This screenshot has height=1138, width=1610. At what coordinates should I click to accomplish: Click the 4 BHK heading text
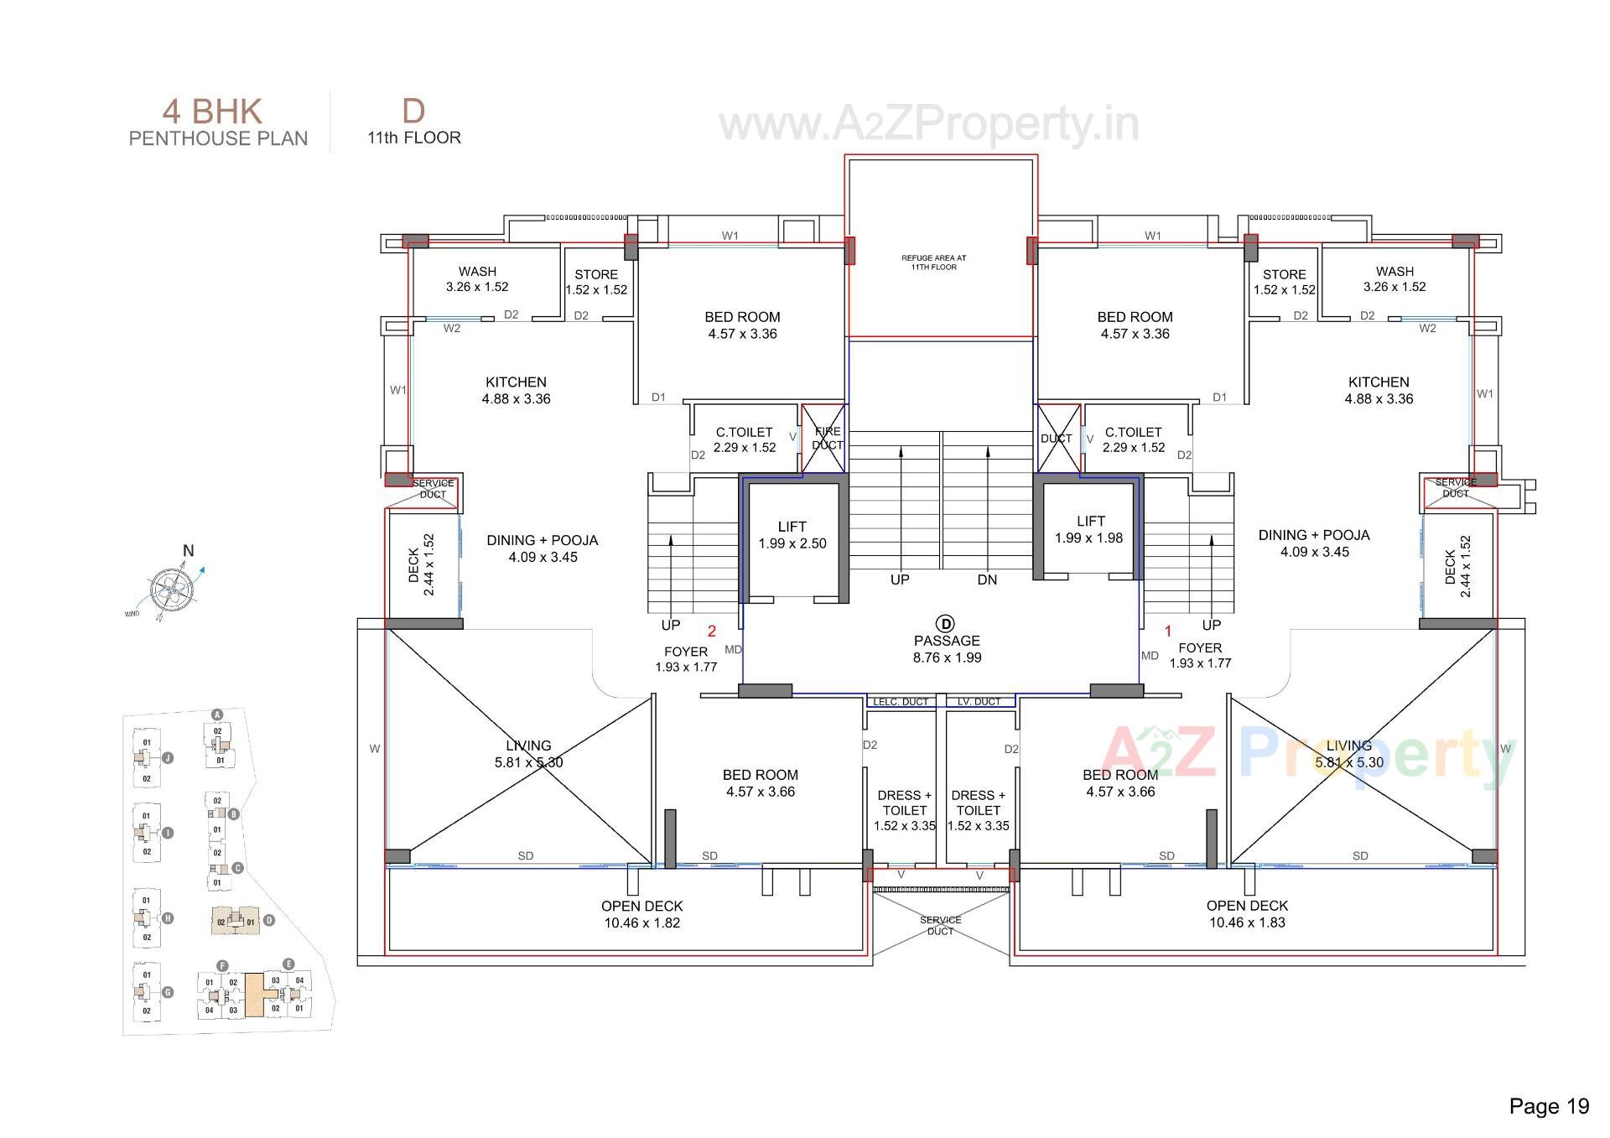212,112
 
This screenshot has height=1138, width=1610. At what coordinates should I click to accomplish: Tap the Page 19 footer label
1548,1106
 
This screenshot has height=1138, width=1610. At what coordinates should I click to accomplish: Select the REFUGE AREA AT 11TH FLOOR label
933,262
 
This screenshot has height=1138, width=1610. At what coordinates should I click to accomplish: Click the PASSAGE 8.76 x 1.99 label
947,649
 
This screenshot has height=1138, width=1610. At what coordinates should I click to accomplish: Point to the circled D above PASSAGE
946,623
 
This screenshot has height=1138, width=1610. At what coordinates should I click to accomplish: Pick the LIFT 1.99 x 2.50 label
792,535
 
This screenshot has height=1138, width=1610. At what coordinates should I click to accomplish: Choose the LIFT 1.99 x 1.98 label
1089,529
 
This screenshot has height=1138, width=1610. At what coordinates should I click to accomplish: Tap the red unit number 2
712,631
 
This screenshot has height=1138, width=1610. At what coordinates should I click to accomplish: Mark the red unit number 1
1167,631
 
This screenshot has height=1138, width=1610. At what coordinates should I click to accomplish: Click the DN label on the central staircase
987,579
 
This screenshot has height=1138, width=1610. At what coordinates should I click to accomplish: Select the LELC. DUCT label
901,702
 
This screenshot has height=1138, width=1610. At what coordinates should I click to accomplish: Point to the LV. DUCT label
979,702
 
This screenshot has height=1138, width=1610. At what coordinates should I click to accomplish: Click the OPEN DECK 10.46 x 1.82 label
641,914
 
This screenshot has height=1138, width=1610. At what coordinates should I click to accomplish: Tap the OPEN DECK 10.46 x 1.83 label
1247,913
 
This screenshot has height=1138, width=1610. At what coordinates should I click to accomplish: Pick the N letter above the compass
188,551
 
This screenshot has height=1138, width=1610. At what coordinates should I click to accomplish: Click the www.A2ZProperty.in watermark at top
929,125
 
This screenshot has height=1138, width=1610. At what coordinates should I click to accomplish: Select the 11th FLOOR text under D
414,138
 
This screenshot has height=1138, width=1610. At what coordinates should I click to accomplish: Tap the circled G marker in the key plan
168,992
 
